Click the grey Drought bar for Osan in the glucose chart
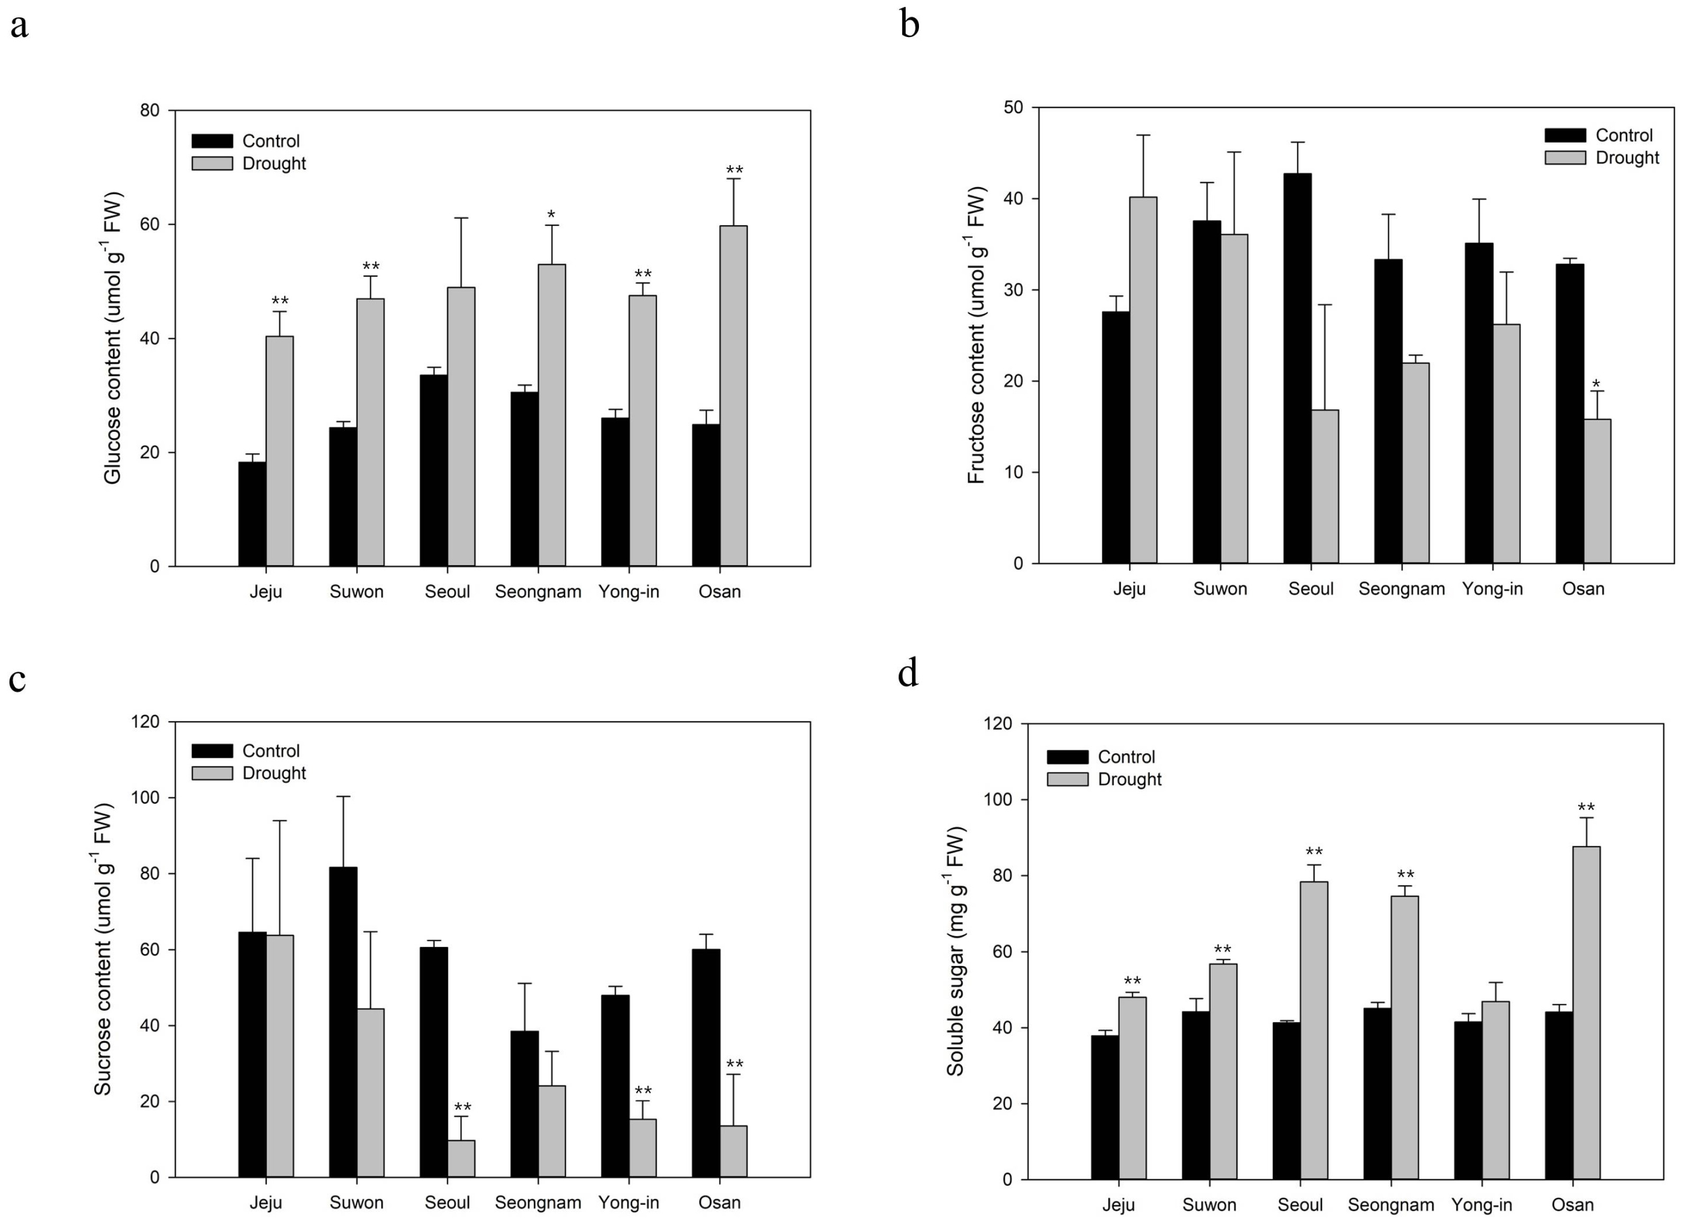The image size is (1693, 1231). [733, 396]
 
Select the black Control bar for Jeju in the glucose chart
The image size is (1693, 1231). [252, 514]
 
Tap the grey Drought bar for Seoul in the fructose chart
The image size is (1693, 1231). [1325, 486]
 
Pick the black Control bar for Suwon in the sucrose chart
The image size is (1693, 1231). [343, 1022]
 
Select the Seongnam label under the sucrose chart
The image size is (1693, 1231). [538, 1202]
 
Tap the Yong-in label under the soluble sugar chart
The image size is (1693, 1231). [1482, 1205]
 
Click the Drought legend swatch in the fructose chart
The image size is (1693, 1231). [1565, 158]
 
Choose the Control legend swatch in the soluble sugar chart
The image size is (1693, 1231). [1068, 757]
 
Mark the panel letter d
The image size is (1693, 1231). [908, 673]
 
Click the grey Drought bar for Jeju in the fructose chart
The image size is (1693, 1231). [1143, 380]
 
